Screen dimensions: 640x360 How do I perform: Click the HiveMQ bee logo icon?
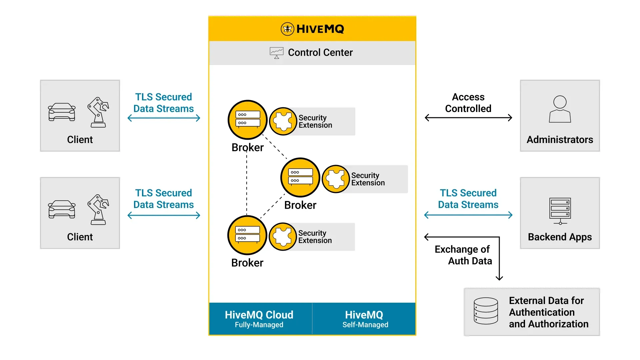287,29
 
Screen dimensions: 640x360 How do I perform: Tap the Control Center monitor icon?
276,53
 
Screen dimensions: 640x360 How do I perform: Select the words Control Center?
320,52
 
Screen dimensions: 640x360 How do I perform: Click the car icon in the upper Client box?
62,112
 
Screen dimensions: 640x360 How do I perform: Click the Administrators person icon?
560,109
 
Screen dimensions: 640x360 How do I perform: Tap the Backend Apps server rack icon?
560,211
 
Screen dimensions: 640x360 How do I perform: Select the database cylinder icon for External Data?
486,311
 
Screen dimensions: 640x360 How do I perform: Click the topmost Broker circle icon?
248,120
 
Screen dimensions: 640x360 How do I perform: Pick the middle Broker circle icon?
300,177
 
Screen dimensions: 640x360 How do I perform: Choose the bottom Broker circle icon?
247,235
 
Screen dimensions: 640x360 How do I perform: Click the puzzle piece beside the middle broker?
336,179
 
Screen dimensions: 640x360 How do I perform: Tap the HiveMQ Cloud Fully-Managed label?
259,319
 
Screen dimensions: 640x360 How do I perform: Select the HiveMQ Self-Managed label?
365,319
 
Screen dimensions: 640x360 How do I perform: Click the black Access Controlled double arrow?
468,118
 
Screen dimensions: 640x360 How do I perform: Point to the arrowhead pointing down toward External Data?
499,278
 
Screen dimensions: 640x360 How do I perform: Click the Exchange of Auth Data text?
463,255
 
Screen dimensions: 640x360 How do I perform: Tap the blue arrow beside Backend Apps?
468,215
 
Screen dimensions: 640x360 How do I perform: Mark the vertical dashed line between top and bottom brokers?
247,183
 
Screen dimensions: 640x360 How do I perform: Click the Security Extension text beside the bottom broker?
315,237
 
